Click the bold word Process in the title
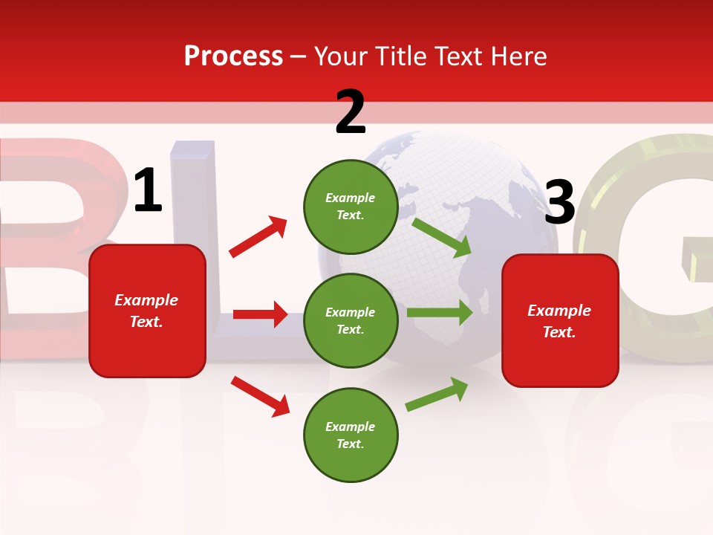point(233,56)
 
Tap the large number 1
point(148,191)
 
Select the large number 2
point(351,112)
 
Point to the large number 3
point(559,203)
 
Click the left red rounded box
point(147,311)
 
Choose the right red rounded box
point(560,321)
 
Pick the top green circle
point(351,207)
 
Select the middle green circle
point(351,320)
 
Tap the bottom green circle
point(351,435)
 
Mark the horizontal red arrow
point(260,314)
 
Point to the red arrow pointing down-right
point(260,396)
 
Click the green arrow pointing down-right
point(441,237)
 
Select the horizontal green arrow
point(440,313)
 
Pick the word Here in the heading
point(521,56)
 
